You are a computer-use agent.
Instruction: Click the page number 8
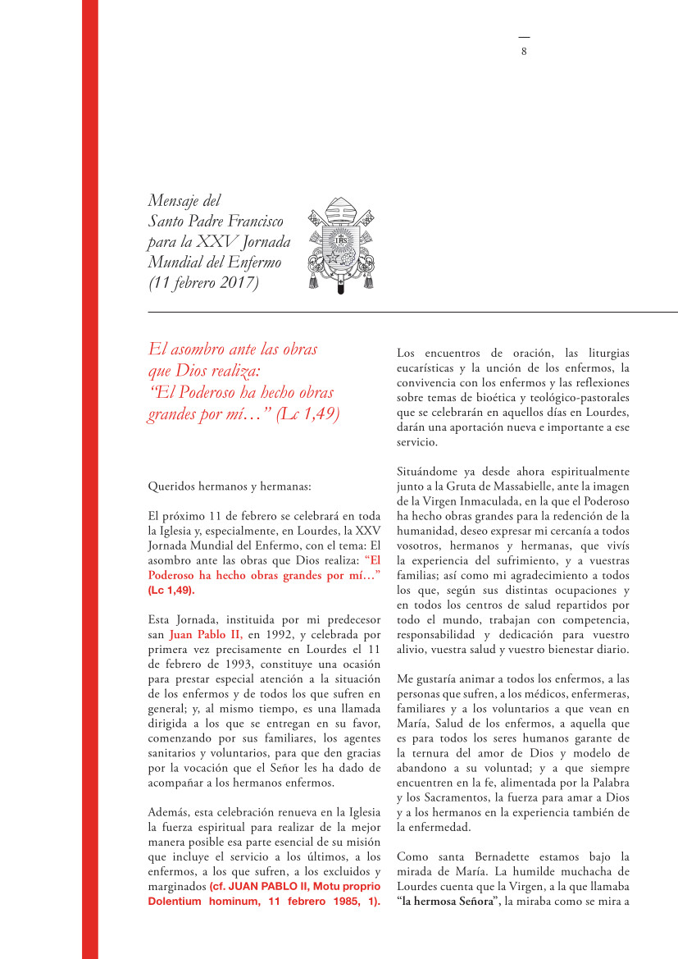[x=524, y=51]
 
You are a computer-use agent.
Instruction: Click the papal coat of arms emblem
[x=340, y=244]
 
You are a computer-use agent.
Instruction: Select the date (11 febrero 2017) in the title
[x=203, y=284]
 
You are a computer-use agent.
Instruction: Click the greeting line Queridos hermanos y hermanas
[x=230, y=486]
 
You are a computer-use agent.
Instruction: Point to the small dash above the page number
[x=524, y=38]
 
